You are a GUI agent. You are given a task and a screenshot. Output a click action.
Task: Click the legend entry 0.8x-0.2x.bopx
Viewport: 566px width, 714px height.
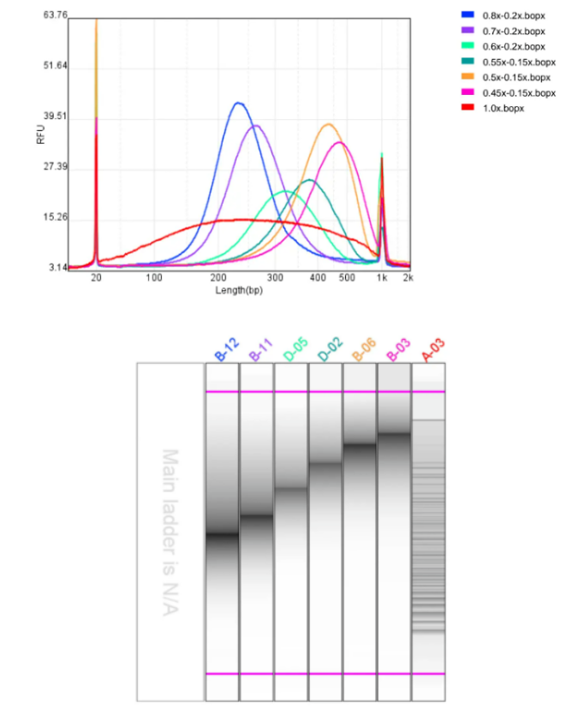coord(514,15)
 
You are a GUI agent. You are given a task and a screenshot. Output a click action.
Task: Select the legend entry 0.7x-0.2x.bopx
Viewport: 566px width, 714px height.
coord(514,31)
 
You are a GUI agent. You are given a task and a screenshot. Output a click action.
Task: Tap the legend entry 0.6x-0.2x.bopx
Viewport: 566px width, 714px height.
coord(514,46)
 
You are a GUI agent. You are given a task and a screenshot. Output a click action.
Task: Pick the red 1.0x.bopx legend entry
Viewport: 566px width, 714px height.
coord(503,108)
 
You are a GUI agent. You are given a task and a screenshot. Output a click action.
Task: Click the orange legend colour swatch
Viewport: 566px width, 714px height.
coord(468,77)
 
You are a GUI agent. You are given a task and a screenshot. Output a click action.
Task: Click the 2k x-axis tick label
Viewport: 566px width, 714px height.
coord(408,278)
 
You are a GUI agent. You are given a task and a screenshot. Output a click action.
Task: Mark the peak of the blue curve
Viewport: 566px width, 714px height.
coord(238,104)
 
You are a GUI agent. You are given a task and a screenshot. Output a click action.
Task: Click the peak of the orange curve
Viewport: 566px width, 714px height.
coord(328,124)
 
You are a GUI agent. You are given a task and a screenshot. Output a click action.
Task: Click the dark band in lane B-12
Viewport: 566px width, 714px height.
coord(222,535)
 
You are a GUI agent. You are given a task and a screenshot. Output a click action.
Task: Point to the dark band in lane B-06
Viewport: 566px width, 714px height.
coord(359,444)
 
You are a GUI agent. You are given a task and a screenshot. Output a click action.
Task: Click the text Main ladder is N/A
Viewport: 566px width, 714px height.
coord(170,531)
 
